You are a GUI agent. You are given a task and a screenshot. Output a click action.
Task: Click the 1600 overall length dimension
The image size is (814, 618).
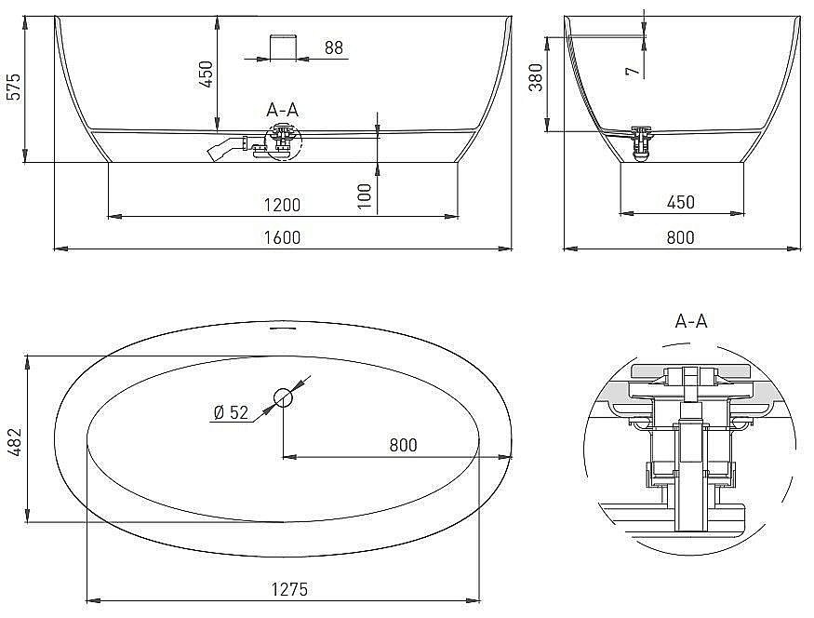point(282,237)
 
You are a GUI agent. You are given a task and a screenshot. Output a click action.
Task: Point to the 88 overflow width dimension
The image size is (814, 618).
point(334,47)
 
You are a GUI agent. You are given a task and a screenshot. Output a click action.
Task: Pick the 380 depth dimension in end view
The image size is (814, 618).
point(534,84)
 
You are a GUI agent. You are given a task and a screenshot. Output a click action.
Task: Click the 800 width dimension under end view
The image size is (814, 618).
point(680,237)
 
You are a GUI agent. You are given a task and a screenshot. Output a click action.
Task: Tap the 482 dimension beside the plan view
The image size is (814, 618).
point(13,438)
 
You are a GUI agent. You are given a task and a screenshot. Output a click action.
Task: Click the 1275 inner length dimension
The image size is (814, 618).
point(290,589)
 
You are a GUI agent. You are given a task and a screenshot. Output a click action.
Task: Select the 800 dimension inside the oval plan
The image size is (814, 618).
point(403,445)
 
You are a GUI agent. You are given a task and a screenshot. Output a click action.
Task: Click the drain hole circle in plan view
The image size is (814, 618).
point(283,398)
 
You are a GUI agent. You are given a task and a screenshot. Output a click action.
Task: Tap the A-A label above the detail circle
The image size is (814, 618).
point(691,321)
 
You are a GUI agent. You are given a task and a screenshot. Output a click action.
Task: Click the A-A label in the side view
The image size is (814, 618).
point(282,110)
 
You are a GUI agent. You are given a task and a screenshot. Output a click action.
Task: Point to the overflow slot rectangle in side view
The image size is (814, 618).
point(282,47)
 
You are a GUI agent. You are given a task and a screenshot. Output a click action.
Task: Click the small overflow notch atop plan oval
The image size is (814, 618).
point(282,328)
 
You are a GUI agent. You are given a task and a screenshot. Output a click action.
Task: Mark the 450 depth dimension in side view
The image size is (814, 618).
point(207,74)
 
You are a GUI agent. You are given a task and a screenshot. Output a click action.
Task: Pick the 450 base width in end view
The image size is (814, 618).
point(680,203)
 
